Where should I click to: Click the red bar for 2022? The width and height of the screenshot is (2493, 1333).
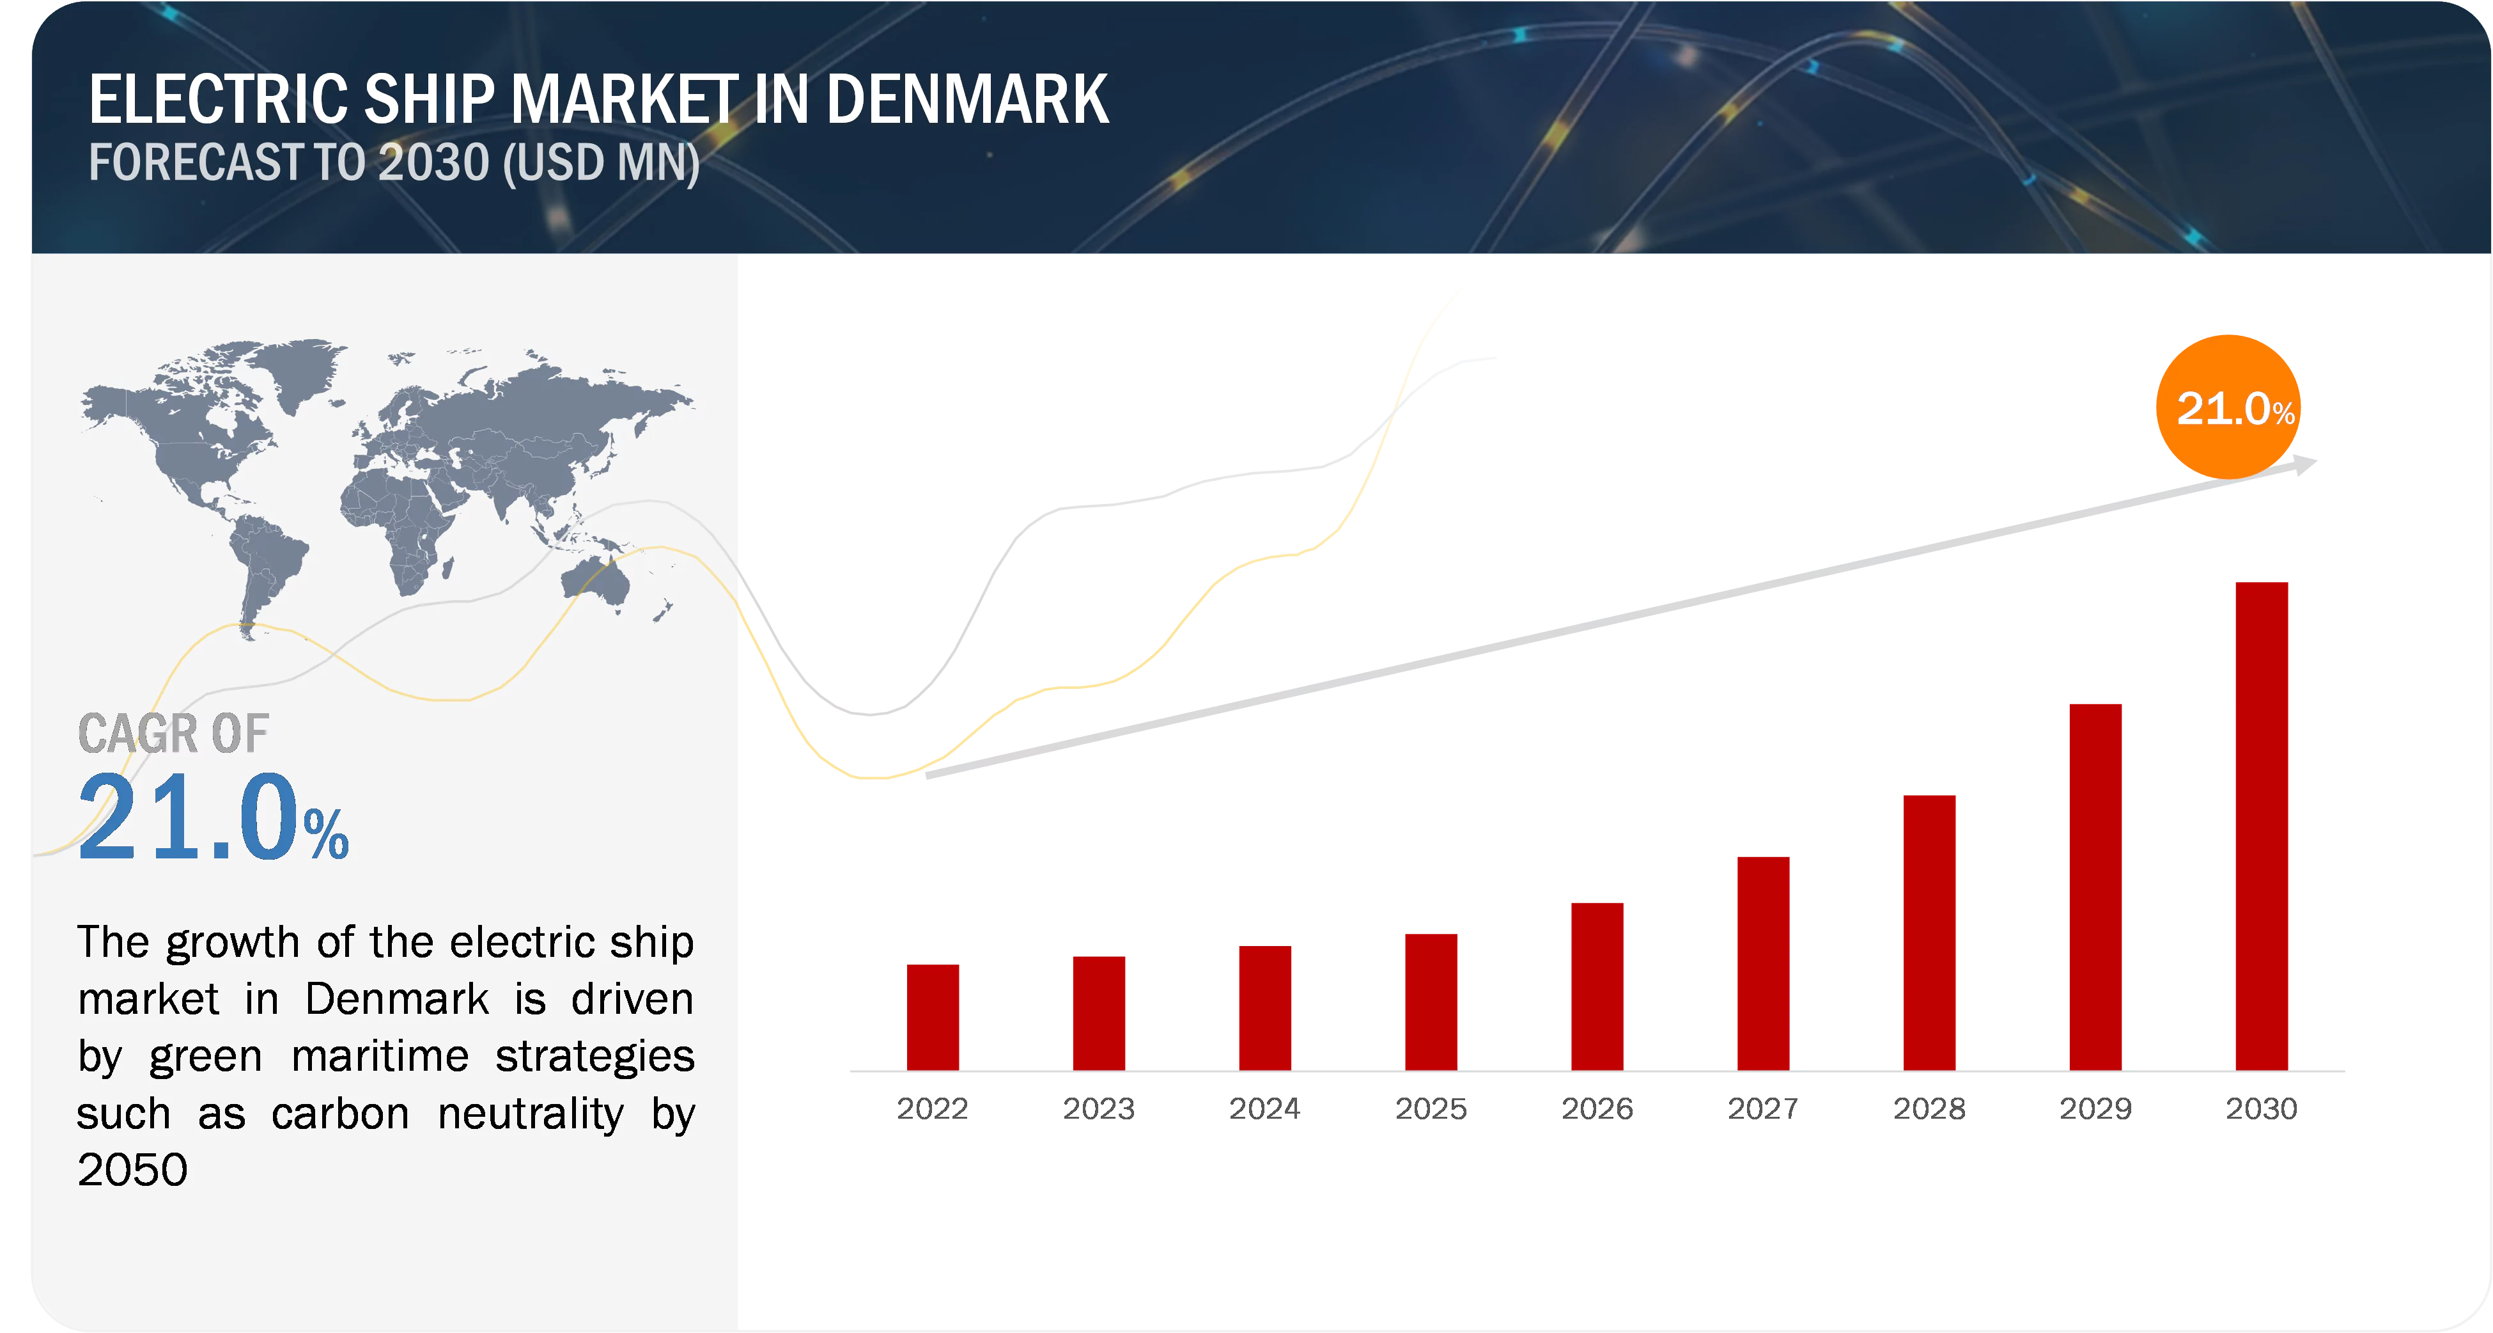coord(933,1016)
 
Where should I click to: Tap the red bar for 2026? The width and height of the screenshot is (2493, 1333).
coord(1597,986)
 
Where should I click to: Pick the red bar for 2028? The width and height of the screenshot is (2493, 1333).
coord(1930,931)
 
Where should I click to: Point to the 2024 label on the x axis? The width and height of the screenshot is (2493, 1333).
coord(1265,1107)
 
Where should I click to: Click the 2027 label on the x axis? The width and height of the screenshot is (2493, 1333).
coord(1763,1107)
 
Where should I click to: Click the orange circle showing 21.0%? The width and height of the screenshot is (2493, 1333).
coord(2227,407)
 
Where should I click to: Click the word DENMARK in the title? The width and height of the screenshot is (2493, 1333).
coord(967,100)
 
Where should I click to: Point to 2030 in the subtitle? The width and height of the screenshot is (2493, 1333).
coord(433,162)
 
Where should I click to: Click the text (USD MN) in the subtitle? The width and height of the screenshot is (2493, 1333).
coord(601,162)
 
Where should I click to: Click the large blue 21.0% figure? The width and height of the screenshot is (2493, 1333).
coord(213,818)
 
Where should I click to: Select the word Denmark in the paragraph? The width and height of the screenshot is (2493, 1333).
coord(398,999)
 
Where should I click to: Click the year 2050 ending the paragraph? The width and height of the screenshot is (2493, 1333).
coord(132,1171)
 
